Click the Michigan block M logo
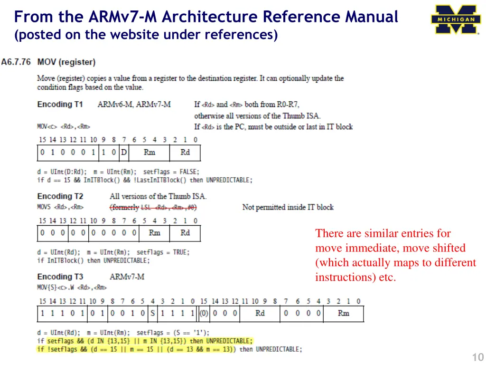pyautogui.click(x=456, y=19)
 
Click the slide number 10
pyautogui.click(x=477, y=357)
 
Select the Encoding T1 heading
pyautogui.click(x=60, y=104)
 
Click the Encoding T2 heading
pyautogui.click(x=60, y=196)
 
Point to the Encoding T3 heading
pyautogui.click(x=60, y=277)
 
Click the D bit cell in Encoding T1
pyautogui.click(x=124, y=153)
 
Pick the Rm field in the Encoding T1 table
pyautogui.click(x=149, y=153)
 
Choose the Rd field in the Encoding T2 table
pyautogui.click(x=185, y=233)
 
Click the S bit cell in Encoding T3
pyautogui.click(x=152, y=314)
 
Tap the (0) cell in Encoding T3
pyautogui.click(x=204, y=314)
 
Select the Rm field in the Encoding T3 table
pyautogui.click(x=343, y=314)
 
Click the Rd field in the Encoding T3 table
pyautogui.click(x=260, y=314)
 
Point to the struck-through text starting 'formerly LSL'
pyautogui.click(x=153, y=207)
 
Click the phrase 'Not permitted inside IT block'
pyautogui.click(x=288, y=207)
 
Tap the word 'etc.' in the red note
pyautogui.click(x=387, y=278)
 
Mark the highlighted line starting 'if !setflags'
pyautogui.click(x=144, y=349)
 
